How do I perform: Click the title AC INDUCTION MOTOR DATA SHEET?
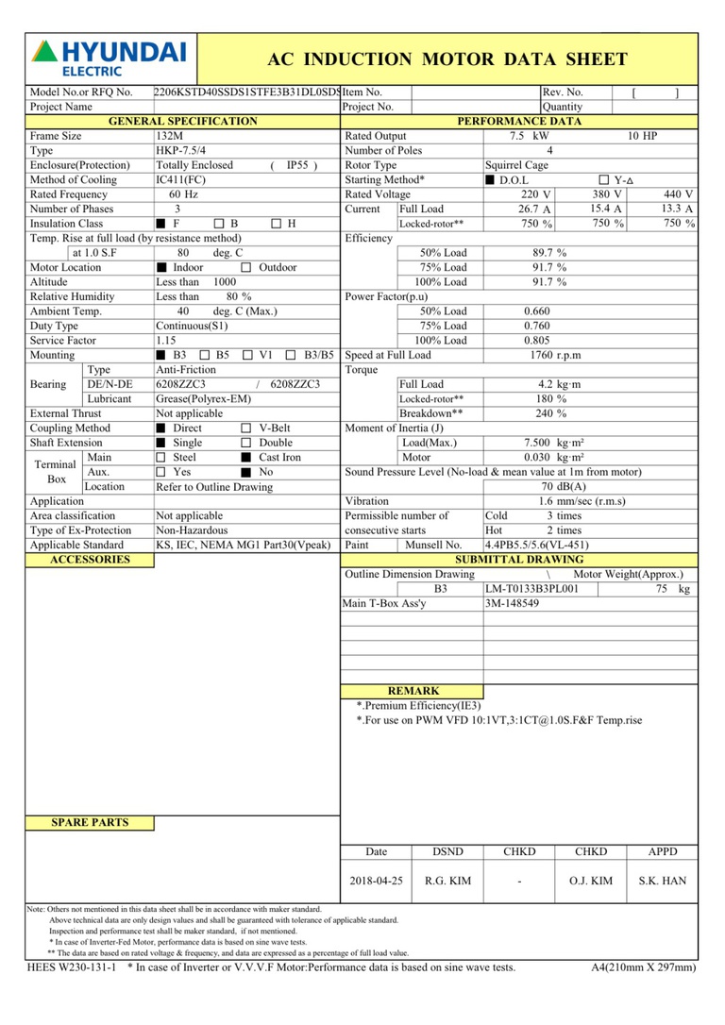tap(447, 59)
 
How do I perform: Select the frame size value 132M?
tap(170, 136)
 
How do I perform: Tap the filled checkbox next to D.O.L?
tap(490, 179)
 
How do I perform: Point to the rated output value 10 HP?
tap(642, 136)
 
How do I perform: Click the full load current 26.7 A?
tap(534, 209)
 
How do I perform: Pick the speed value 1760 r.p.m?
tap(556, 355)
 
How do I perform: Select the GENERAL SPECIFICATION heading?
tap(183, 122)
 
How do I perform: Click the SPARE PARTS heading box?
tap(90, 823)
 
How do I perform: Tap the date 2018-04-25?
tap(376, 881)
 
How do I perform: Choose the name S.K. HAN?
tap(662, 881)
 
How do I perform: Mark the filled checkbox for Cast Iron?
tap(246, 458)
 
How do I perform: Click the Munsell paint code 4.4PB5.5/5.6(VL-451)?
tap(536, 545)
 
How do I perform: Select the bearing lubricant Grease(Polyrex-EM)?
tap(203, 399)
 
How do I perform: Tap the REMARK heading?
tap(413, 691)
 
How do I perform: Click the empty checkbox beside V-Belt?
tap(246, 428)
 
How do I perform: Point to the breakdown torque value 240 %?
tap(550, 413)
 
